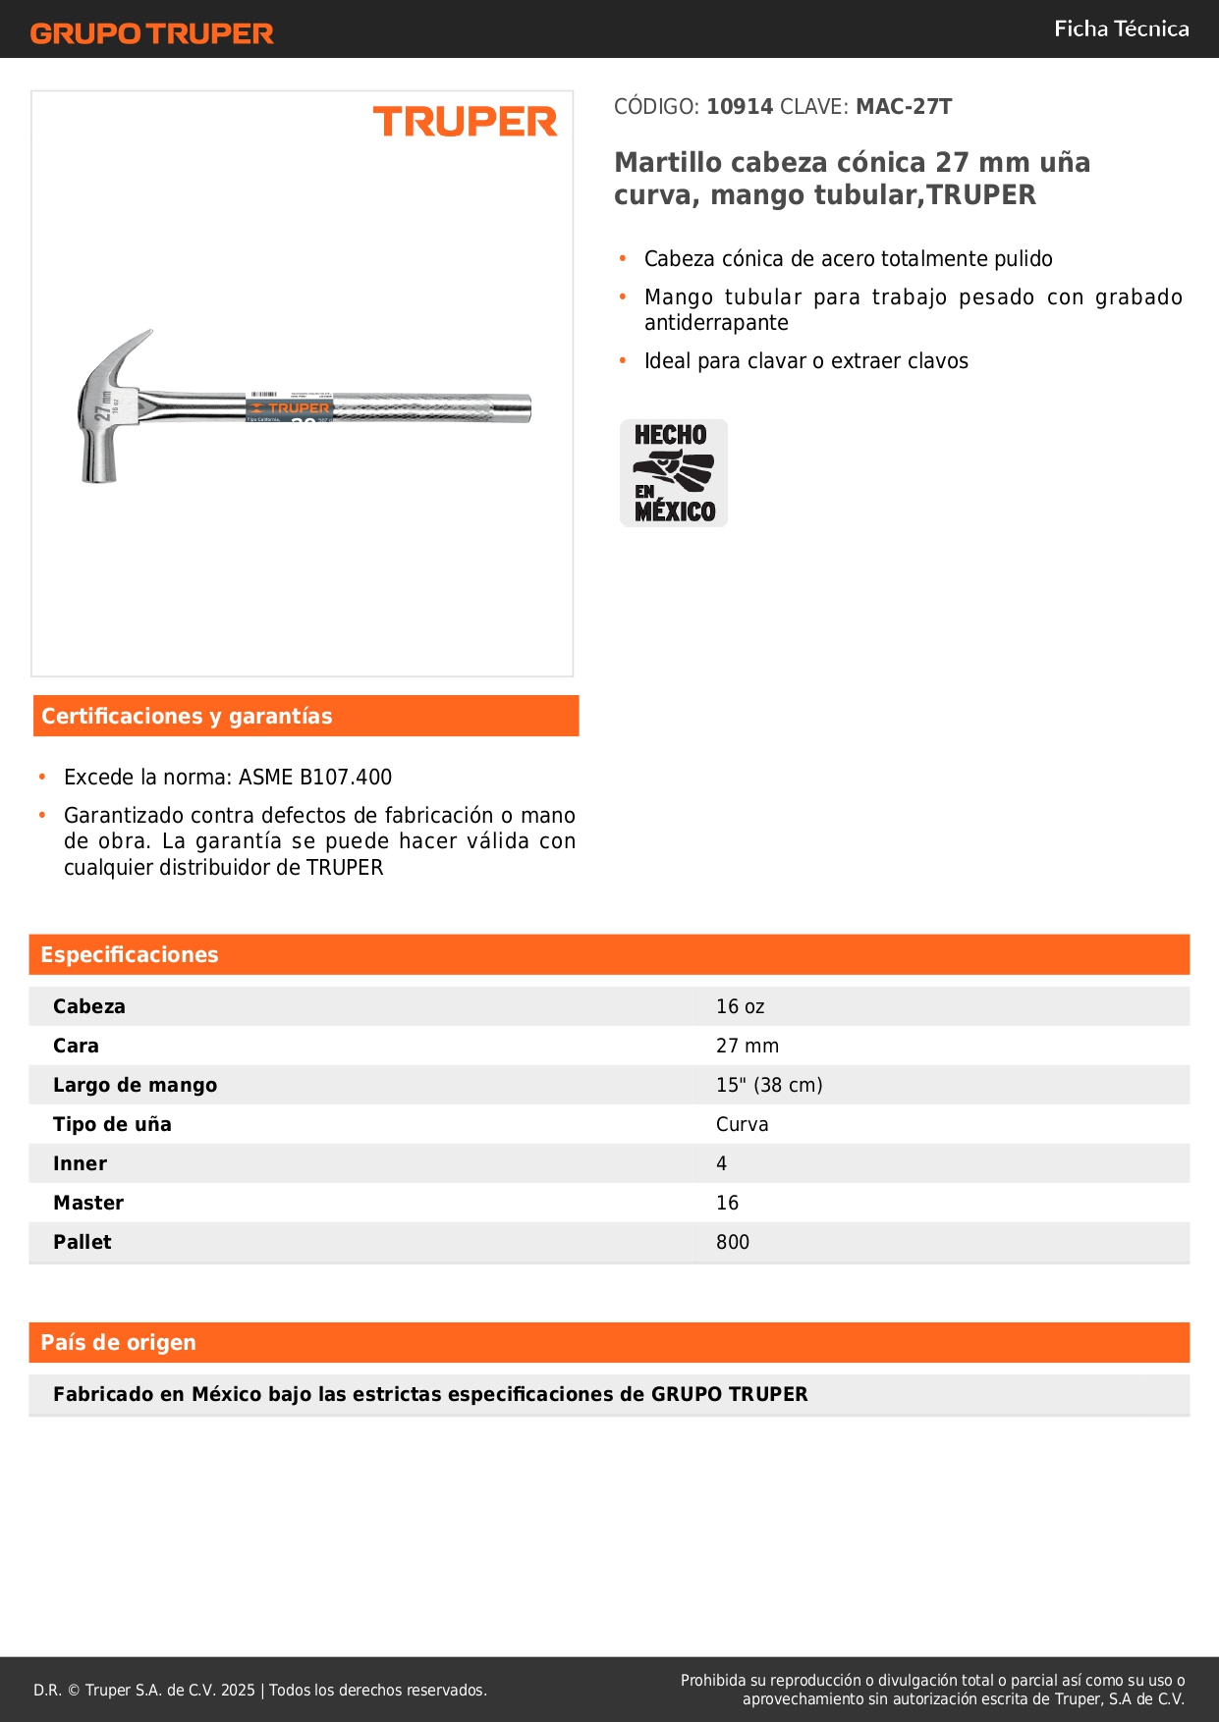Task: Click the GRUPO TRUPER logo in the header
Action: pos(151,33)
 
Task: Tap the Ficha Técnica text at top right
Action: pos(1121,28)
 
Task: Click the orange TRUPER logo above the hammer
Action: pos(465,122)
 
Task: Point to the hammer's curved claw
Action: pos(134,348)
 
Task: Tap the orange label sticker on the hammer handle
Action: pos(289,408)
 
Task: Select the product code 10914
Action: pos(740,106)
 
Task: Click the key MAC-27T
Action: pos(904,106)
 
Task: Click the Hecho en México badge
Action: pos(674,473)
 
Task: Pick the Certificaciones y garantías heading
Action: pos(187,716)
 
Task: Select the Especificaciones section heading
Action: pos(130,954)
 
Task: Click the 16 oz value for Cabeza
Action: pos(740,1006)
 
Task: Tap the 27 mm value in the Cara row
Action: pos(747,1046)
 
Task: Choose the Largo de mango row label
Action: pos(135,1085)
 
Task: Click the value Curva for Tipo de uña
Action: pos(742,1124)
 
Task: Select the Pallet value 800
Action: pos(732,1242)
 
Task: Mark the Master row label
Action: pos(88,1203)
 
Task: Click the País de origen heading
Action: pos(118,1342)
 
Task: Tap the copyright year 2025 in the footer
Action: pos(238,1690)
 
